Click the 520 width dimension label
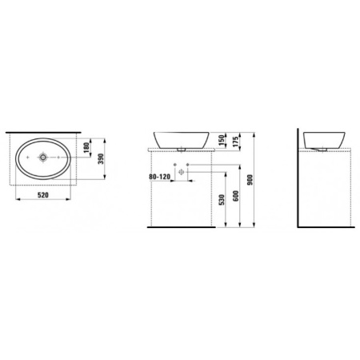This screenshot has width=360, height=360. coord(43,195)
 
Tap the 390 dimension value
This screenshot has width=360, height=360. coord(101,159)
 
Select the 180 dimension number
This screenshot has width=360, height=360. coord(86,148)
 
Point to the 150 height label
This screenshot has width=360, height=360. coord(221,140)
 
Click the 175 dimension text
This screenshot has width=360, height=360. coord(235,142)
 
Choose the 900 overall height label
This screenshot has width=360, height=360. coord(250,180)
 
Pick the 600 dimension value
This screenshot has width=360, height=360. coord(236,196)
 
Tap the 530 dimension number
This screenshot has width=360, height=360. coord(222,200)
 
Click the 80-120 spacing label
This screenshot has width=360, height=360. coord(159,177)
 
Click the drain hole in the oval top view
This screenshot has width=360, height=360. coord(43,158)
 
